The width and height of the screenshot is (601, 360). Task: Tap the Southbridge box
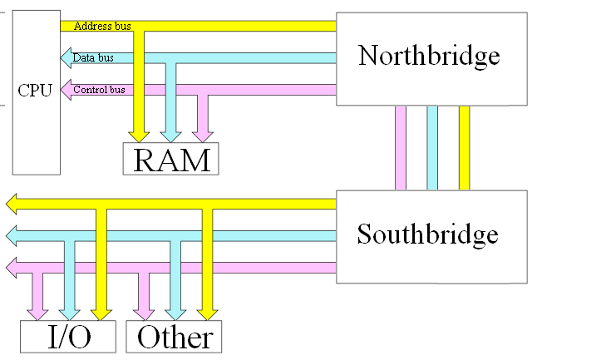click(430, 236)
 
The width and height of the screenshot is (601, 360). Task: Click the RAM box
click(170, 159)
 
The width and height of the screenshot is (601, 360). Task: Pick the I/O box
click(67, 337)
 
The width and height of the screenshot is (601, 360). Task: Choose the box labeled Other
click(175, 337)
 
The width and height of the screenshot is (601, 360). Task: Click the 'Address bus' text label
click(102, 26)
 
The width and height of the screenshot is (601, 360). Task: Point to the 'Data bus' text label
click(92, 58)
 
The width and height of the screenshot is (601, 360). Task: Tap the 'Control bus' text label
click(99, 90)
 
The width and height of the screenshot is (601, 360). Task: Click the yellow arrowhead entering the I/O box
click(101, 313)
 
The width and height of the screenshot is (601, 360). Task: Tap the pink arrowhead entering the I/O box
click(37, 313)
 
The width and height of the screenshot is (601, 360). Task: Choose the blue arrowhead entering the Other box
click(175, 313)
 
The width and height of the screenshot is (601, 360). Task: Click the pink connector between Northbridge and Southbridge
click(401, 148)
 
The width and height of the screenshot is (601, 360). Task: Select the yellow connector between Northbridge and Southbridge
click(464, 148)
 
